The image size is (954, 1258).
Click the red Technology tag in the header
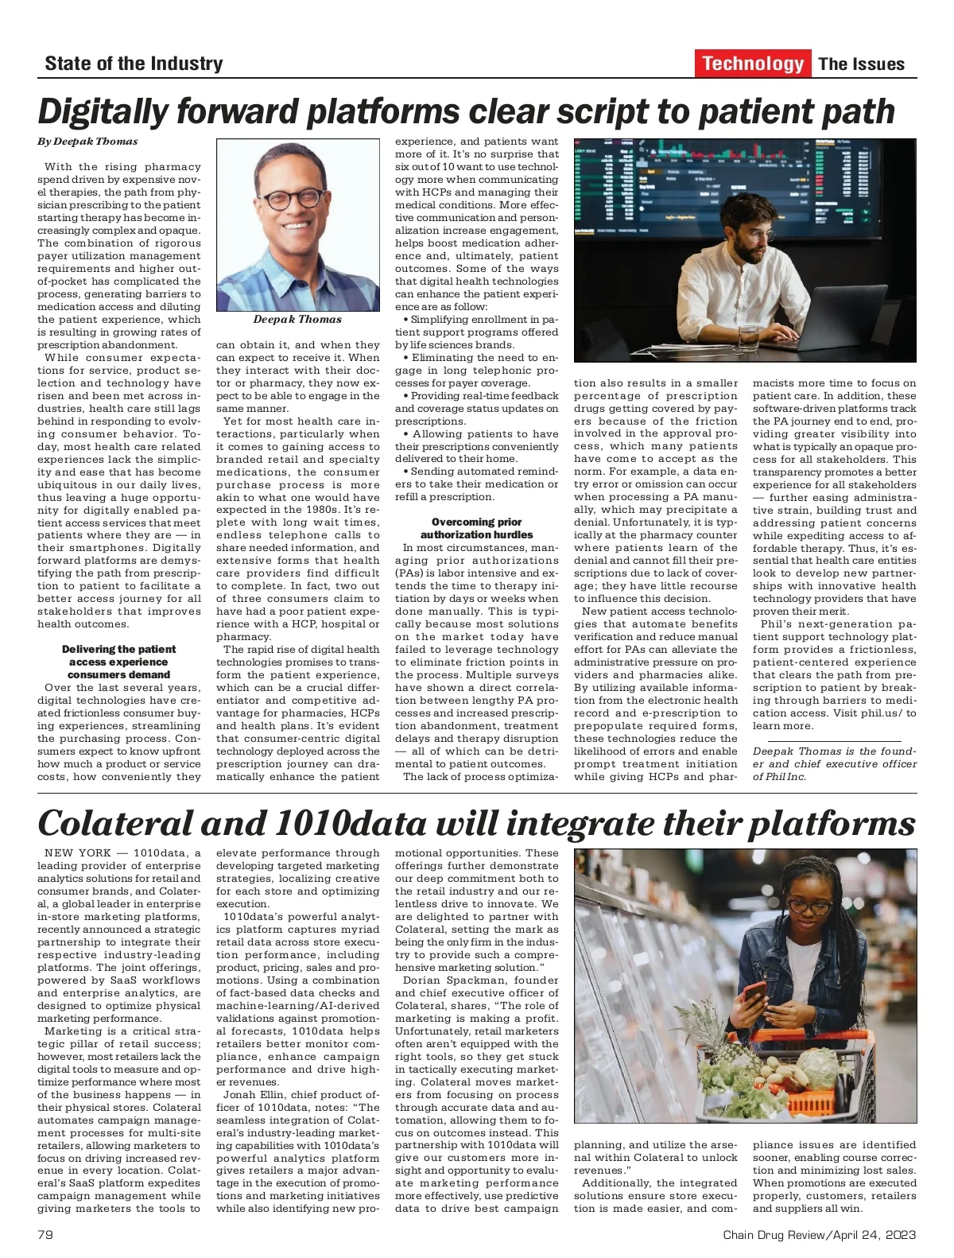(x=752, y=64)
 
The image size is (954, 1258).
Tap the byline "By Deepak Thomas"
(x=87, y=142)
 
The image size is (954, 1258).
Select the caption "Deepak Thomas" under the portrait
(x=297, y=320)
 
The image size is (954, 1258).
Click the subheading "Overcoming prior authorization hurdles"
(x=476, y=529)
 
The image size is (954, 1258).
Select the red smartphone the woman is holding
(x=754, y=993)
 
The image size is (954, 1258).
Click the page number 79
(x=45, y=1235)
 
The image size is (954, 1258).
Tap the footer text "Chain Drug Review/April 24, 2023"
(x=819, y=1235)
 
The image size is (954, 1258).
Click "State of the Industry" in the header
(x=134, y=64)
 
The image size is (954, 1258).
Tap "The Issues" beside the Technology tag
(x=861, y=64)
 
